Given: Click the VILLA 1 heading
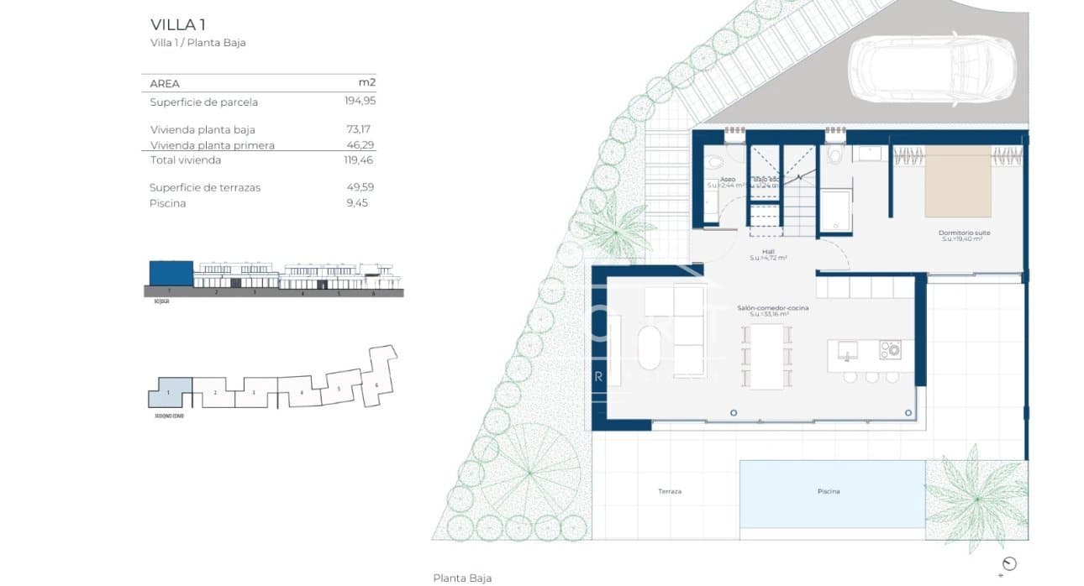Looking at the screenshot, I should (x=176, y=24).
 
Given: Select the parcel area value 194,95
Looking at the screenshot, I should (x=353, y=102).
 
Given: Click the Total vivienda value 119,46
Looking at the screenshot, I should (x=353, y=160).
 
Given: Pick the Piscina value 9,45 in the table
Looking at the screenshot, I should (x=357, y=203).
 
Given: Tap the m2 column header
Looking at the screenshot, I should (x=366, y=83).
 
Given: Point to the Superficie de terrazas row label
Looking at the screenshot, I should (x=205, y=187).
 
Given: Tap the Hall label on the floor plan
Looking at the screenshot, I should (x=767, y=251).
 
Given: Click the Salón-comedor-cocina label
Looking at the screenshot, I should (x=772, y=309).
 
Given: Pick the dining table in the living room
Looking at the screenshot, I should (x=766, y=356).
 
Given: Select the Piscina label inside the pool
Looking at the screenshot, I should (x=828, y=491).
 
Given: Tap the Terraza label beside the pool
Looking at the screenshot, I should (x=670, y=491).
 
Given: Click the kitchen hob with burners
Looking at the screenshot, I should (x=890, y=349).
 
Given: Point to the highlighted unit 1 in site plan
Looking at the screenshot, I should (x=170, y=393).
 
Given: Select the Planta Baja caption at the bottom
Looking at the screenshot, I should (x=462, y=578).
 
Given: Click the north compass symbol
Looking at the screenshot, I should (x=1009, y=564).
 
